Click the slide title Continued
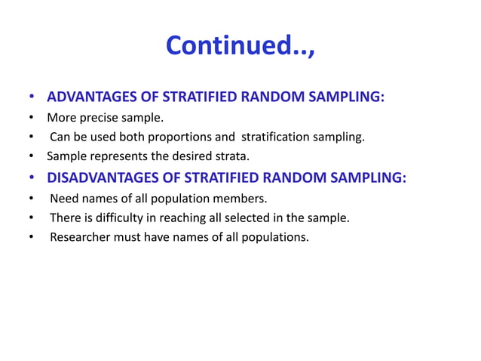(x=240, y=46)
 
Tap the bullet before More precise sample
(x=32, y=118)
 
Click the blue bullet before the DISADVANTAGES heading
(x=32, y=178)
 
